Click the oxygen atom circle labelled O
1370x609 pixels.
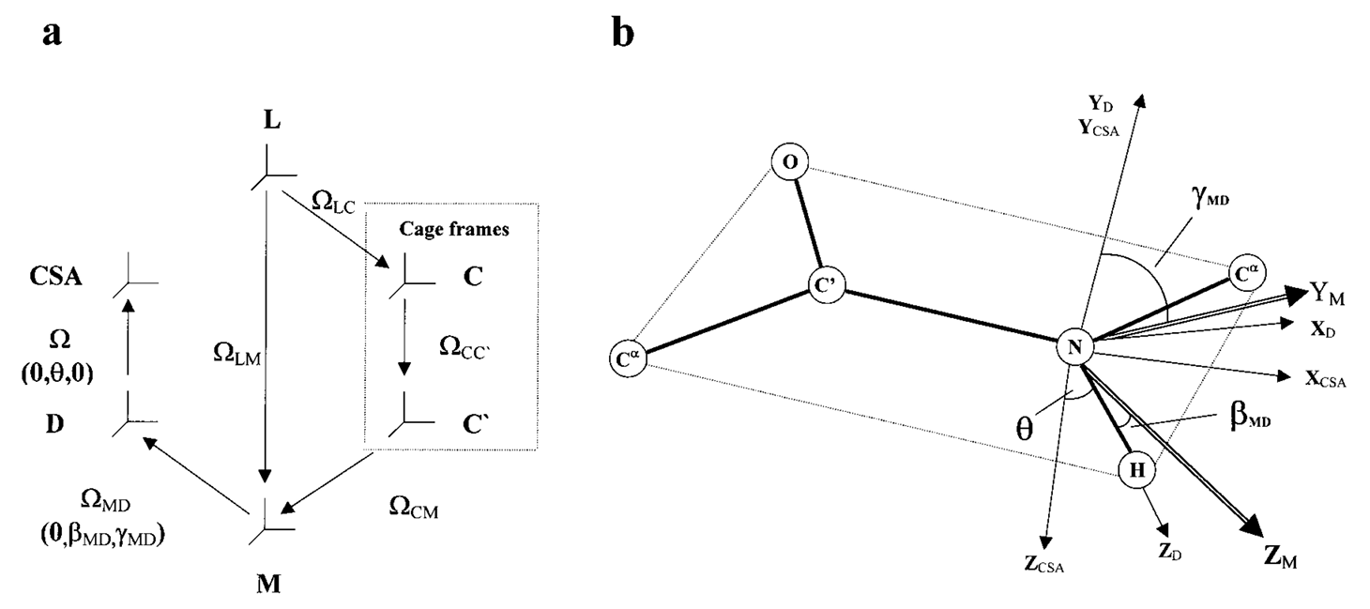[x=790, y=162]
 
